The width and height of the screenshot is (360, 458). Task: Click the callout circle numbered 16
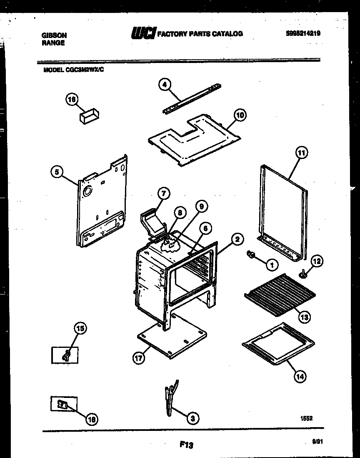[72, 99]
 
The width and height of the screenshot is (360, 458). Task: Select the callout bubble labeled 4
[165, 85]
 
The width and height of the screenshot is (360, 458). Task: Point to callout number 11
[301, 153]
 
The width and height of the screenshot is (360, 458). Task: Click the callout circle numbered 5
[56, 171]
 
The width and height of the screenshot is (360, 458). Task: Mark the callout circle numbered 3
[192, 417]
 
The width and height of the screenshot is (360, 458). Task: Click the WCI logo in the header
[143, 33]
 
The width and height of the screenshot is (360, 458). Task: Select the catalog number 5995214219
[303, 34]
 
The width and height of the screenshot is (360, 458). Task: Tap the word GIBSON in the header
[54, 36]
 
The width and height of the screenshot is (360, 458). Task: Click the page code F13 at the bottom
[186, 445]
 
